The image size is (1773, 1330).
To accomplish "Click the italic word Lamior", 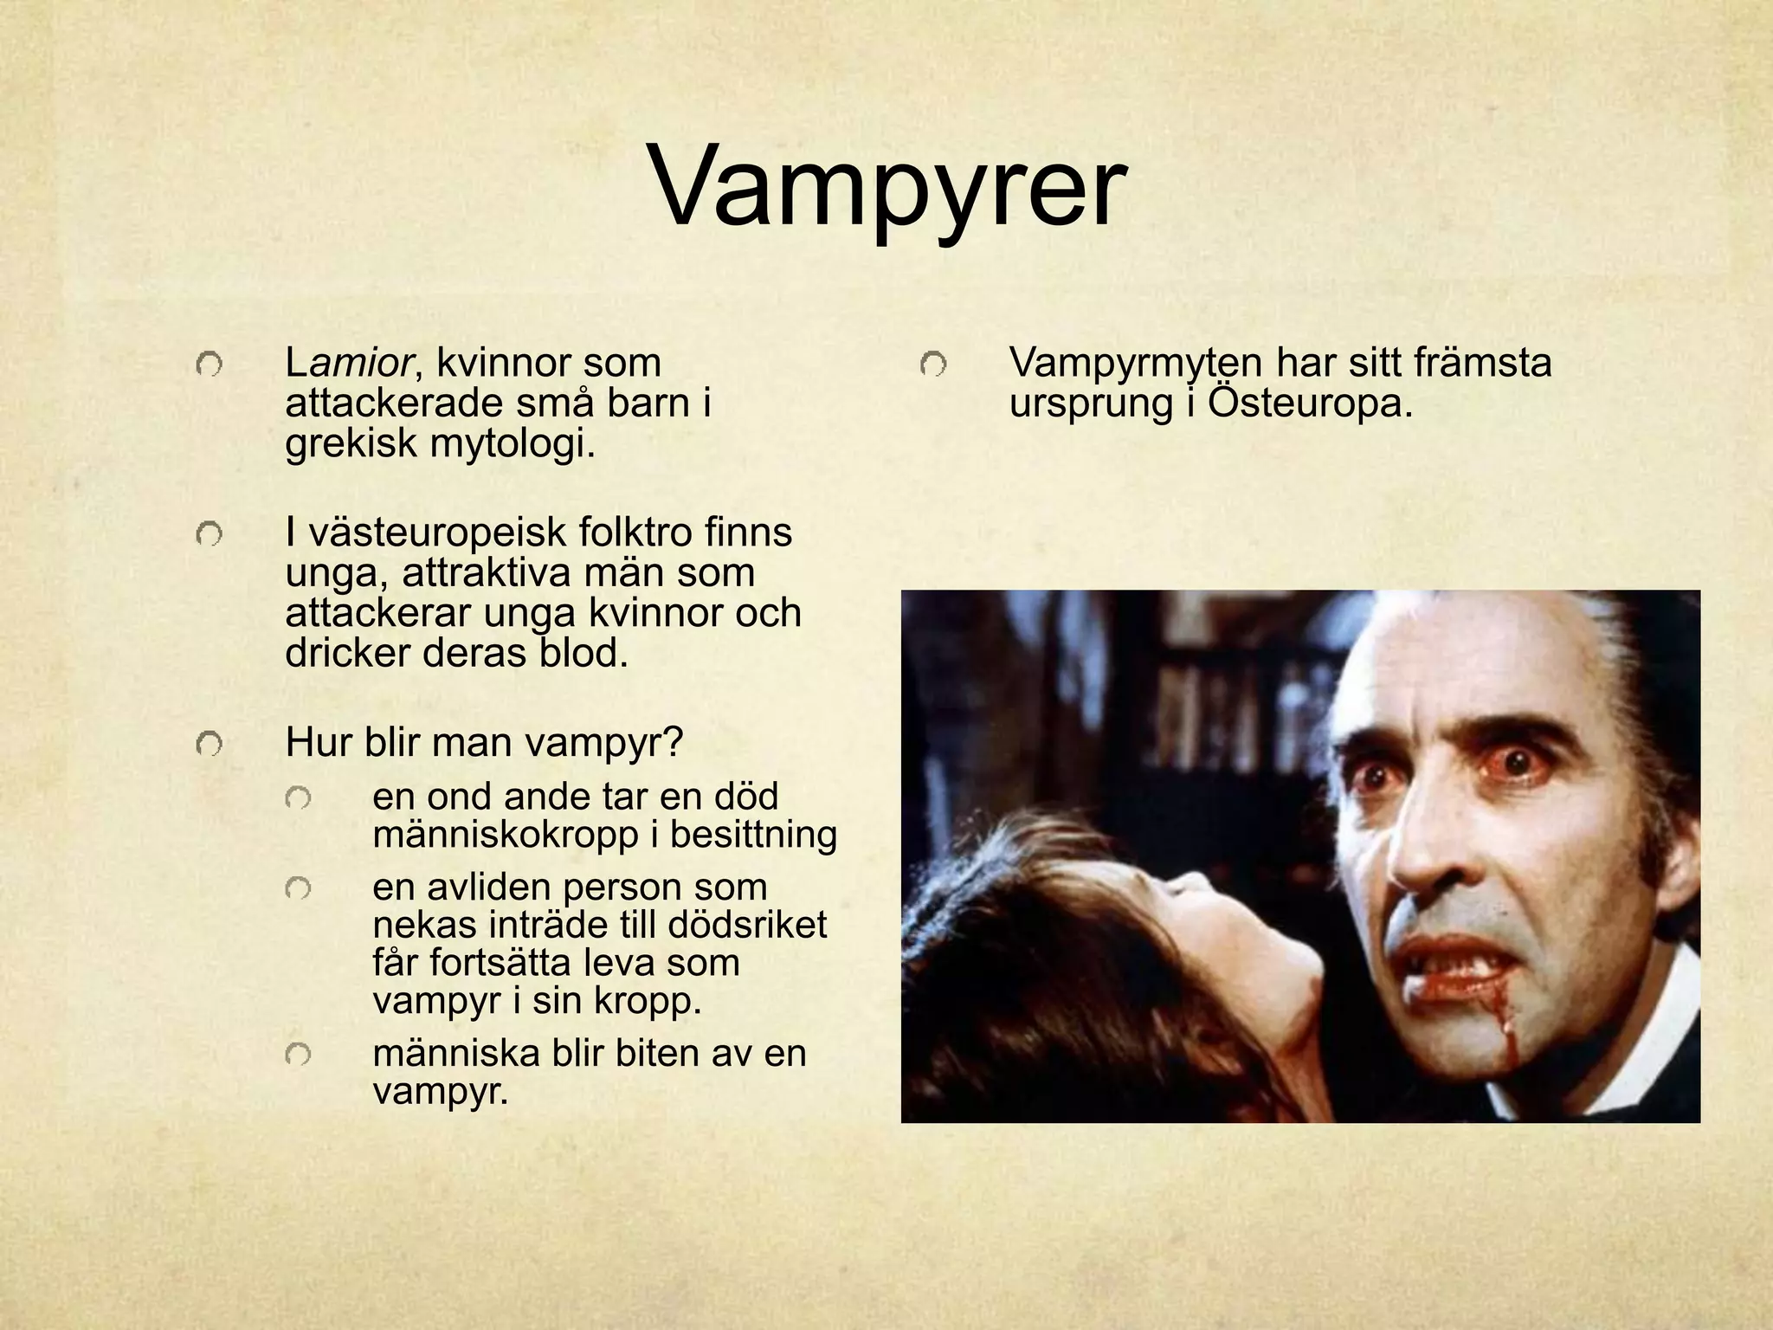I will point(349,364).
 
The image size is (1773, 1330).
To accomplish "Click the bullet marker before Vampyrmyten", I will point(932,365).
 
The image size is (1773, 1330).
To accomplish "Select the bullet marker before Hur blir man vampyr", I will point(209,743).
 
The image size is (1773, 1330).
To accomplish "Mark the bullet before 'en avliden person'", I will point(298,888).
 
